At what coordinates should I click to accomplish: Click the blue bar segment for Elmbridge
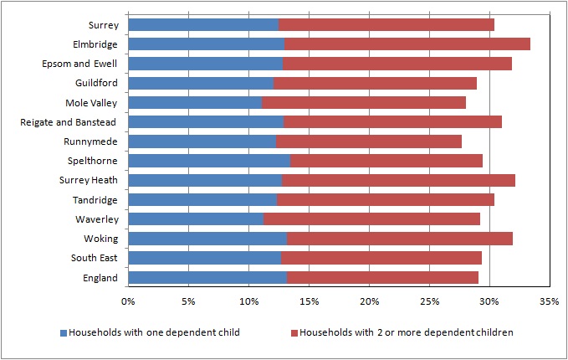point(207,44)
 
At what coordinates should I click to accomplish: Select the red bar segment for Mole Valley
point(364,103)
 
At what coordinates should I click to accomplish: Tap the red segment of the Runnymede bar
point(369,141)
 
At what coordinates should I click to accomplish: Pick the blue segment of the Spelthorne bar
point(209,161)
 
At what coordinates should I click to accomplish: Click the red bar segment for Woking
point(400,239)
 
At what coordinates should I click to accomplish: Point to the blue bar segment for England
point(207,278)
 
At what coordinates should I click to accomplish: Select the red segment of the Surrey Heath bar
point(398,180)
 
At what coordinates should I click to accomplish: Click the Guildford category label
point(96,83)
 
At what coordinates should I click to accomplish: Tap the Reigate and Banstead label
point(68,122)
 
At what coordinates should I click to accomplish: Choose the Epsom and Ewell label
point(79,64)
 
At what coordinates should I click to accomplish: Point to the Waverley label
point(97,219)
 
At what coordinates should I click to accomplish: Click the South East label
point(95,258)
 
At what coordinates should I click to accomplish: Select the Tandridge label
point(95,200)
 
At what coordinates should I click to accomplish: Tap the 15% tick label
point(309,301)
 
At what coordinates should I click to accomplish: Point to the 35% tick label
point(550,301)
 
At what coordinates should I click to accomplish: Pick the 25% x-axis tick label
point(430,301)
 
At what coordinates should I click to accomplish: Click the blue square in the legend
point(64,333)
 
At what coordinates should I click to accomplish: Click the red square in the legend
point(294,333)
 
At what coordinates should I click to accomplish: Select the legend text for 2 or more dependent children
point(407,332)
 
